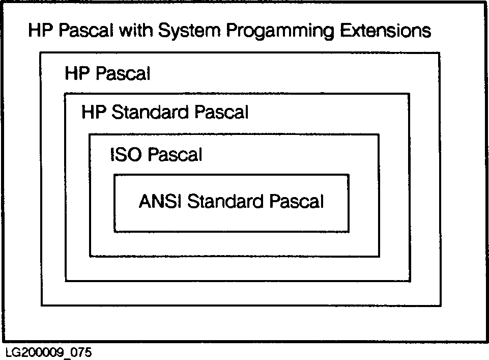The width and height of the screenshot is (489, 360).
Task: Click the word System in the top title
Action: pos(190,31)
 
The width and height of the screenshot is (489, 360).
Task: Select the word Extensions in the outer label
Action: pos(386,31)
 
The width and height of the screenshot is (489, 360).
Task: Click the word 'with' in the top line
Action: pos(136,31)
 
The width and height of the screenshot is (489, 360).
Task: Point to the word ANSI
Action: pos(160,201)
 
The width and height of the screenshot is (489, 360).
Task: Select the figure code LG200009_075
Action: pos(49,352)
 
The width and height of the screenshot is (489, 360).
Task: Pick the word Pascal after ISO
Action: pos(175,154)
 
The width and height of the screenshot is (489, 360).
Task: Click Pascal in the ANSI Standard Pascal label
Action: pos(297,201)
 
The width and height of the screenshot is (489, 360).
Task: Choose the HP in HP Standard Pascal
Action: pos(94,112)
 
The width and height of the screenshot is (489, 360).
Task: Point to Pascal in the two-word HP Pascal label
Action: pos(123,74)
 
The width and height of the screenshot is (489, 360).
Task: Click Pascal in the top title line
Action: pos(86,31)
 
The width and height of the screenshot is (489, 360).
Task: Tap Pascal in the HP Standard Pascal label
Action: pos(221,112)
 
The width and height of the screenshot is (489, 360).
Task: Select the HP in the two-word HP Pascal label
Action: pos(77,74)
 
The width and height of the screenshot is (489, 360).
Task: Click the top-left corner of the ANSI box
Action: pos(114,175)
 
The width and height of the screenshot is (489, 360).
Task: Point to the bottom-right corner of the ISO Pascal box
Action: pos(379,257)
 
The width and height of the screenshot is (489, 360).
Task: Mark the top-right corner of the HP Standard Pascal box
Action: pos(409,94)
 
